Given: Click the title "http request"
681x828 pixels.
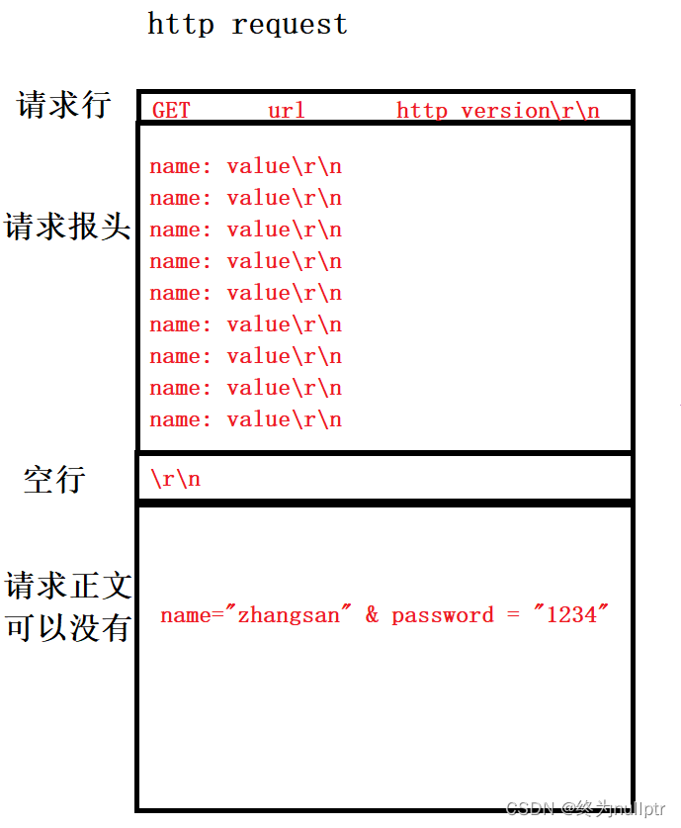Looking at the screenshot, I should [247, 24].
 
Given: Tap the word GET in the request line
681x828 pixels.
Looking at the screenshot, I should [171, 110].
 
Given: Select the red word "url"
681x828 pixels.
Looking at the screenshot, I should [287, 110].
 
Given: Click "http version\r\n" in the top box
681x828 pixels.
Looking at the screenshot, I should [497, 110].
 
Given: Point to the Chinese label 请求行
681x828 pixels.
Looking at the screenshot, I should [64, 104].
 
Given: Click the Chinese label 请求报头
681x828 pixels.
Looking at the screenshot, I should [67, 226].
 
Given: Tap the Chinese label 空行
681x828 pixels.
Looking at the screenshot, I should [54, 480].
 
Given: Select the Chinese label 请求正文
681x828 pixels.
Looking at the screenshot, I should [67, 586].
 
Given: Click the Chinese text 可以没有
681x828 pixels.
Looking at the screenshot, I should [67, 627].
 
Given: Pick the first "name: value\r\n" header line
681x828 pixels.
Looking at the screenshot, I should [245, 166].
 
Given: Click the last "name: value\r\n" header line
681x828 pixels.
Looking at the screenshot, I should [245, 419].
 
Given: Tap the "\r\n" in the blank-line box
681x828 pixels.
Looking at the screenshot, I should [175, 479].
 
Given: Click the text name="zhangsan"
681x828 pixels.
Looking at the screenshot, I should [256, 615].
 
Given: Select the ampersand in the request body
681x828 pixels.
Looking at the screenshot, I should [372, 615].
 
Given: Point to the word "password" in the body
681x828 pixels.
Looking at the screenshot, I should [442, 615].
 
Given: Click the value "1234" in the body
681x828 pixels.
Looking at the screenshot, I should [572, 615].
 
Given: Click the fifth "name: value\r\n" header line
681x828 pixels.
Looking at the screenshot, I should [245, 293].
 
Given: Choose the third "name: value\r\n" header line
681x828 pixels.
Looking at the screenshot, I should [245, 230].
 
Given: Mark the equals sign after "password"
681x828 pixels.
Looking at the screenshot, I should [513, 615].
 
